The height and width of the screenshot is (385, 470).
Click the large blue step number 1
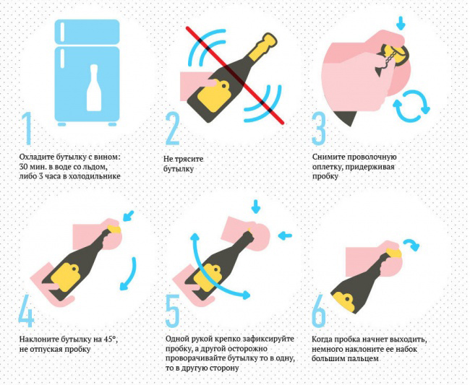tap(27, 129)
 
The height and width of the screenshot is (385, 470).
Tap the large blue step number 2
tap(173, 129)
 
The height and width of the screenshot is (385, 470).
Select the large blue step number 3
tap(319, 129)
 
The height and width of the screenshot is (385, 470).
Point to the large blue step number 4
tap(26, 311)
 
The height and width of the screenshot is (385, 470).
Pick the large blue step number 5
tap(173, 311)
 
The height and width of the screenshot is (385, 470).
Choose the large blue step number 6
tap(319, 311)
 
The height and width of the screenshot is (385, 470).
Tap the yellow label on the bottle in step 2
tap(213, 96)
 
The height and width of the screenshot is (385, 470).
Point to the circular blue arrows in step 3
tap(411, 106)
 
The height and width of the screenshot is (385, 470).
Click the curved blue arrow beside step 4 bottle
tap(130, 274)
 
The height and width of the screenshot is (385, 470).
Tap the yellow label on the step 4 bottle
tap(65, 277)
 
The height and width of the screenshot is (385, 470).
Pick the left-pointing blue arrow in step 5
tap(284, 236)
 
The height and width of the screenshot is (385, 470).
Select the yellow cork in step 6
tap(393, 253)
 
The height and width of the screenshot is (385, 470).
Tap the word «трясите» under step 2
tap(190, 159)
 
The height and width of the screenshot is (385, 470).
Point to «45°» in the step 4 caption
tap(110, 339)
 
